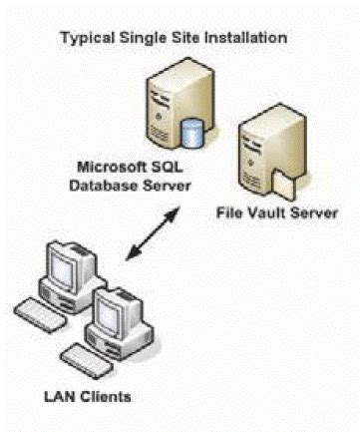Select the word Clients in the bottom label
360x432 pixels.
point(118,398)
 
